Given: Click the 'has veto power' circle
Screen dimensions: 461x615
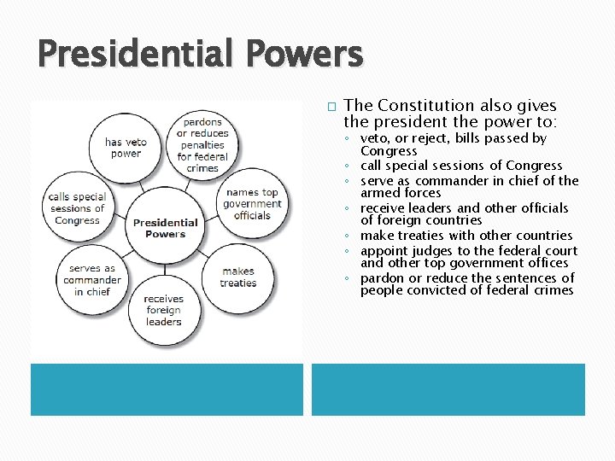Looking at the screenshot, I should [126, 148].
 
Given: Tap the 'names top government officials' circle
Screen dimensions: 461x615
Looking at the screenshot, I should [252, 204].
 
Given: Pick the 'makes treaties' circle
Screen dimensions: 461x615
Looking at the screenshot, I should [237, 277].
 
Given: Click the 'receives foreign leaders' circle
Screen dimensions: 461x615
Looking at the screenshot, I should [163, 310].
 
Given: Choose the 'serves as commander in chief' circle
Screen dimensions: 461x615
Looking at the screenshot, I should [91, 280].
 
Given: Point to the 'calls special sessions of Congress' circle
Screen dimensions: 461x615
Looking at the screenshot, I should [77, 208].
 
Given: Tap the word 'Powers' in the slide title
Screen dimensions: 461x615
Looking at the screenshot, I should [304, 55].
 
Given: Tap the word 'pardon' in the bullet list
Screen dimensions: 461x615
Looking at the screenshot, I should [381, 278].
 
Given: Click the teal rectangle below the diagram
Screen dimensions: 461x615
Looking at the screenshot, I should [167, 389].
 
